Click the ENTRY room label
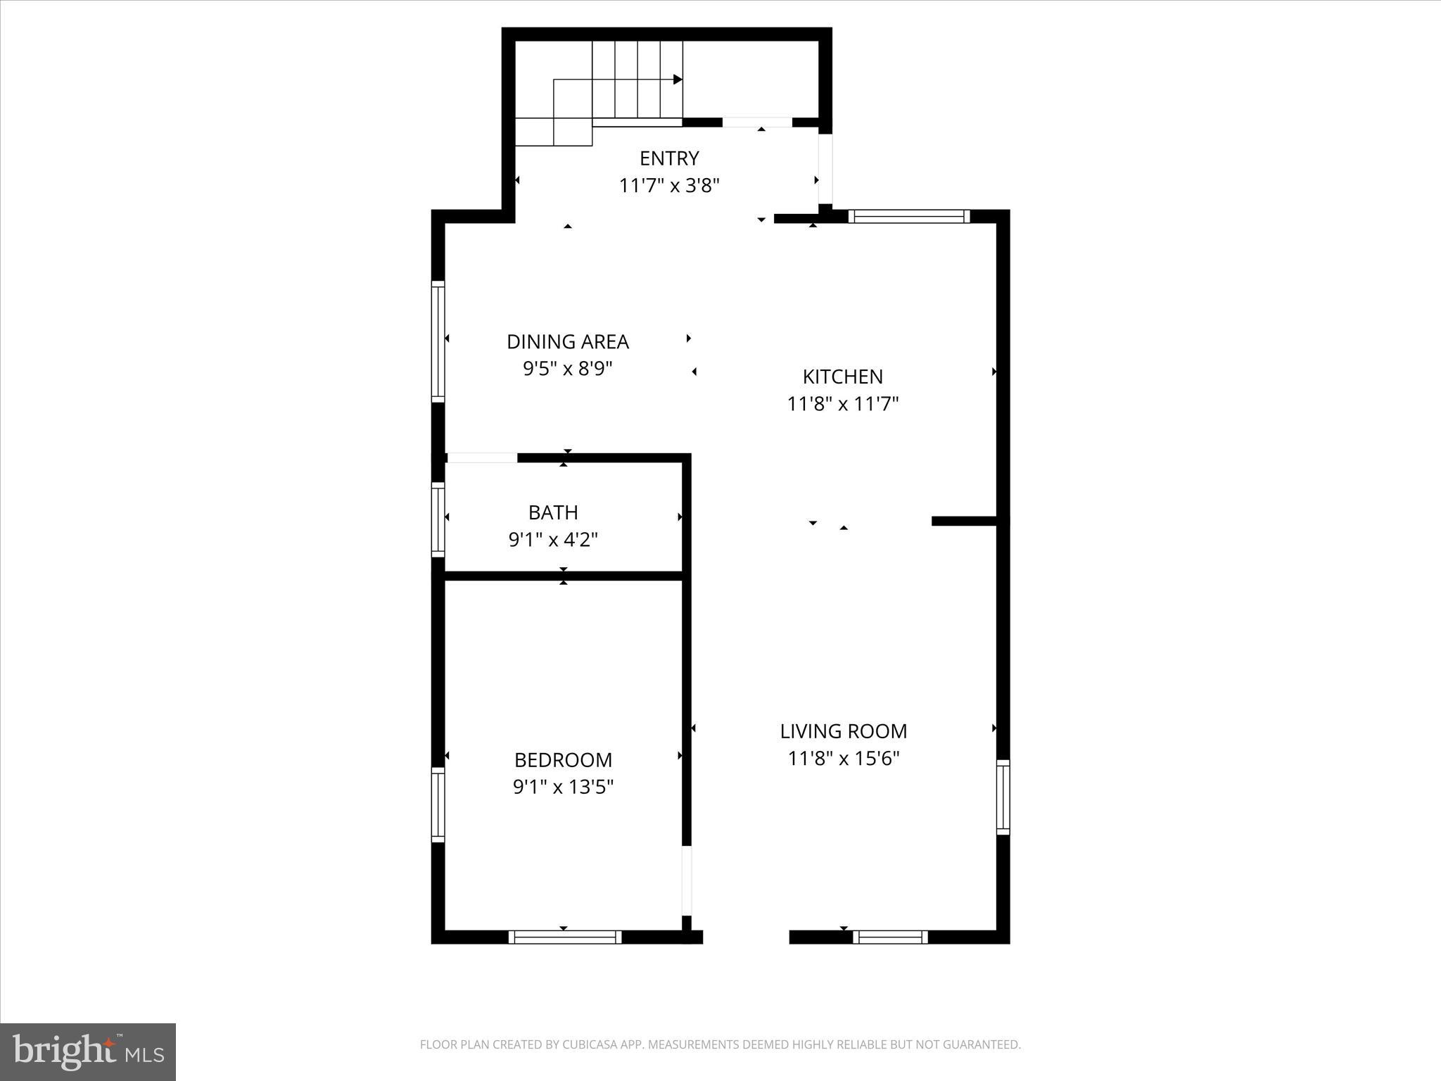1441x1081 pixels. click(668, 158)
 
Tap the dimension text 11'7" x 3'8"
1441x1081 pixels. click(668, 186)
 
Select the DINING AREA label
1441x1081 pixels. click(567, 342)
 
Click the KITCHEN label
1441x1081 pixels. click(842, 377)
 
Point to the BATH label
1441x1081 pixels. click(553, 512)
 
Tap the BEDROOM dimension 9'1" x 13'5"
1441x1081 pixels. click(563, 787)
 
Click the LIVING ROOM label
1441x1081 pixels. click(843, 732)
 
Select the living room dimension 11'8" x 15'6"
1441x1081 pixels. click(843, 759)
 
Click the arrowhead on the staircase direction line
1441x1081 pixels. click(678, 80)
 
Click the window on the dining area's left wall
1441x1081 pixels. click(438, 341)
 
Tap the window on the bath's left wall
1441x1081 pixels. click(438, 519)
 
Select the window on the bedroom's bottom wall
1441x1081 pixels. click(564, 937)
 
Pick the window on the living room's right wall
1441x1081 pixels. click(1003, 797)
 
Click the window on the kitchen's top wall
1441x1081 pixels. click(908, 216)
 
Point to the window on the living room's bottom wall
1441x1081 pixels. click(890, 937)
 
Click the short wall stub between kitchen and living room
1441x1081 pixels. click(964, 521)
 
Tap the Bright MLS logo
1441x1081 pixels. click(88, 1051)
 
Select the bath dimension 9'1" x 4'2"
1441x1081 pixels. click(553, 540)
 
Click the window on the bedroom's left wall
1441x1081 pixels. click(438, 804)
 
